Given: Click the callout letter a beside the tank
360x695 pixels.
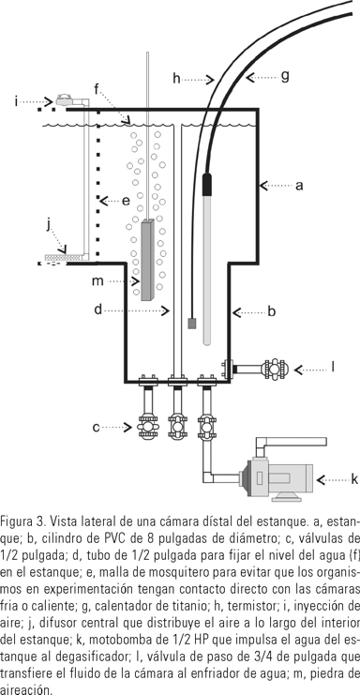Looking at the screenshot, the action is click(299, 186).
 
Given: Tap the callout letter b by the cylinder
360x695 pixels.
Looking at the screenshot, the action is click(272, 311).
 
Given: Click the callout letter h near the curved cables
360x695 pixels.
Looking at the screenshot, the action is click(176, 79).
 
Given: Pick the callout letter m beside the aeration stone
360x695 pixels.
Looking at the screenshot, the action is click(97, 281).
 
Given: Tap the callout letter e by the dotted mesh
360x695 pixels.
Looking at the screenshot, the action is click(126, 202).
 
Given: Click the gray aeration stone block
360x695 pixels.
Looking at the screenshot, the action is click(147, 260).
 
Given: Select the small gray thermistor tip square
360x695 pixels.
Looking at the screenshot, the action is click(192, 324).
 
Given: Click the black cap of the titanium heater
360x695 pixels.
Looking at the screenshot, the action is click(207, 185).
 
